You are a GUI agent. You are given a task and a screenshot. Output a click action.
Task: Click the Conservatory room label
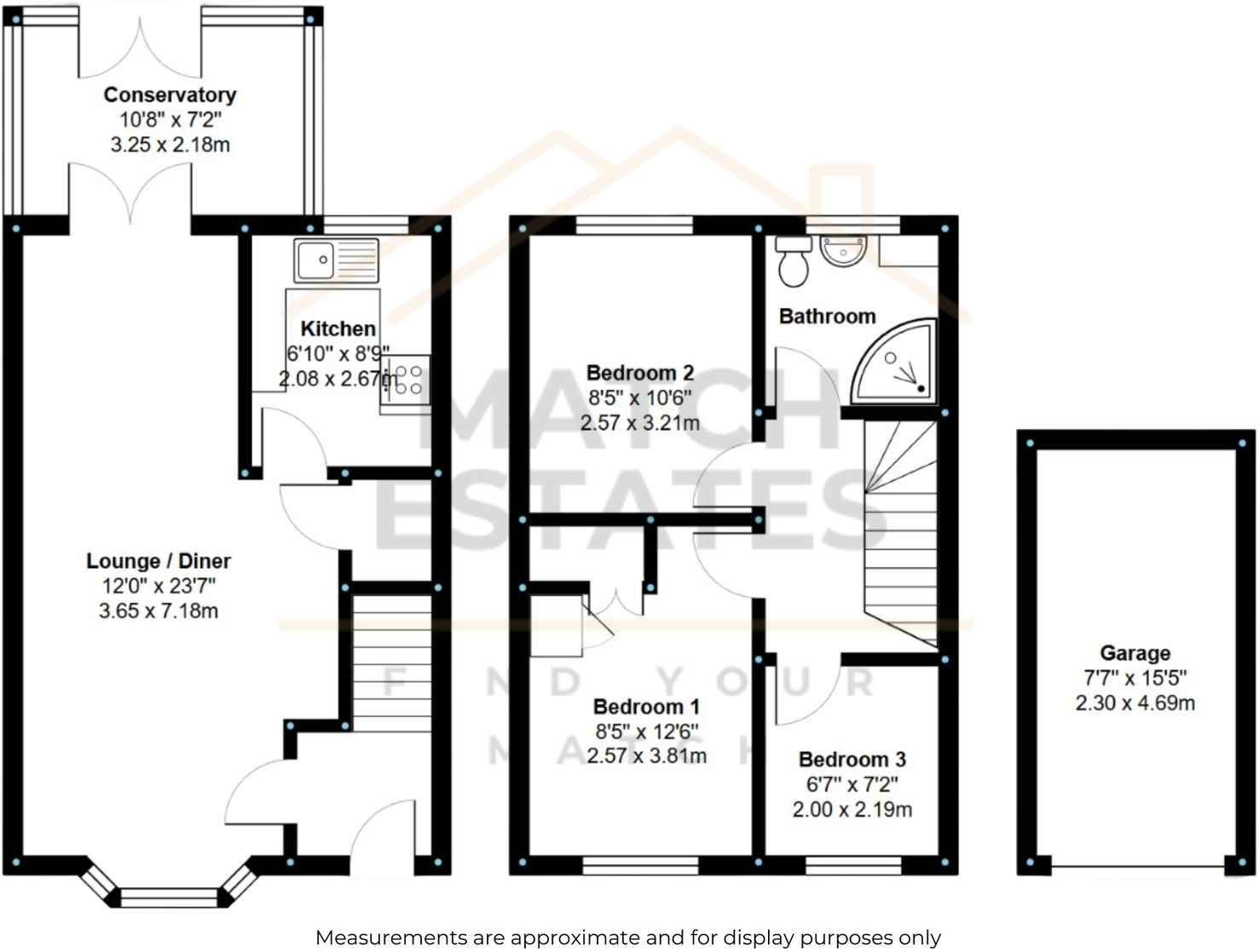click(170, 95)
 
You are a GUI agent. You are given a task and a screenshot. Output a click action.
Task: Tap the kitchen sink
click(336, 260)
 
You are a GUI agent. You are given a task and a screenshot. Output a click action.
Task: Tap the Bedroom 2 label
click(640, 373)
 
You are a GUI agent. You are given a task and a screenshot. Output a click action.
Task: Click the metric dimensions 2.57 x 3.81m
click(646, 756)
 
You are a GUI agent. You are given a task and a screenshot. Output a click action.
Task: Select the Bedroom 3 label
click(852, 759)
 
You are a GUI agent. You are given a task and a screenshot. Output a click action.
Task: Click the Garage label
click(1135, 653)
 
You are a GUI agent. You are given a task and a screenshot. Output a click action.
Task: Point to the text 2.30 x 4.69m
click(1135, 703)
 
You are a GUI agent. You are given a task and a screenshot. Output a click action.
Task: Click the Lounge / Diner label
click(159, 560)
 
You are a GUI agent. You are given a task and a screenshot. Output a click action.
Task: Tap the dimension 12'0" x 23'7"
click(159, 586)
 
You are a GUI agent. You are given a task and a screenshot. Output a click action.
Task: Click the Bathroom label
click(827, 316)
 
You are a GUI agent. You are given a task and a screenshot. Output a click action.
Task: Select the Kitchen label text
click(338, 329)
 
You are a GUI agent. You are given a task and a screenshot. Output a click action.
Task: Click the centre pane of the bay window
click(170, 897)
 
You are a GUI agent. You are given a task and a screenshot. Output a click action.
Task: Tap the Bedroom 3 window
click(853, 866)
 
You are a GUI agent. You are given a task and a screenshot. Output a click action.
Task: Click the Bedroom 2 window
click(634, 225)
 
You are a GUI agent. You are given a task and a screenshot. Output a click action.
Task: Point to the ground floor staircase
click(391, 664)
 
